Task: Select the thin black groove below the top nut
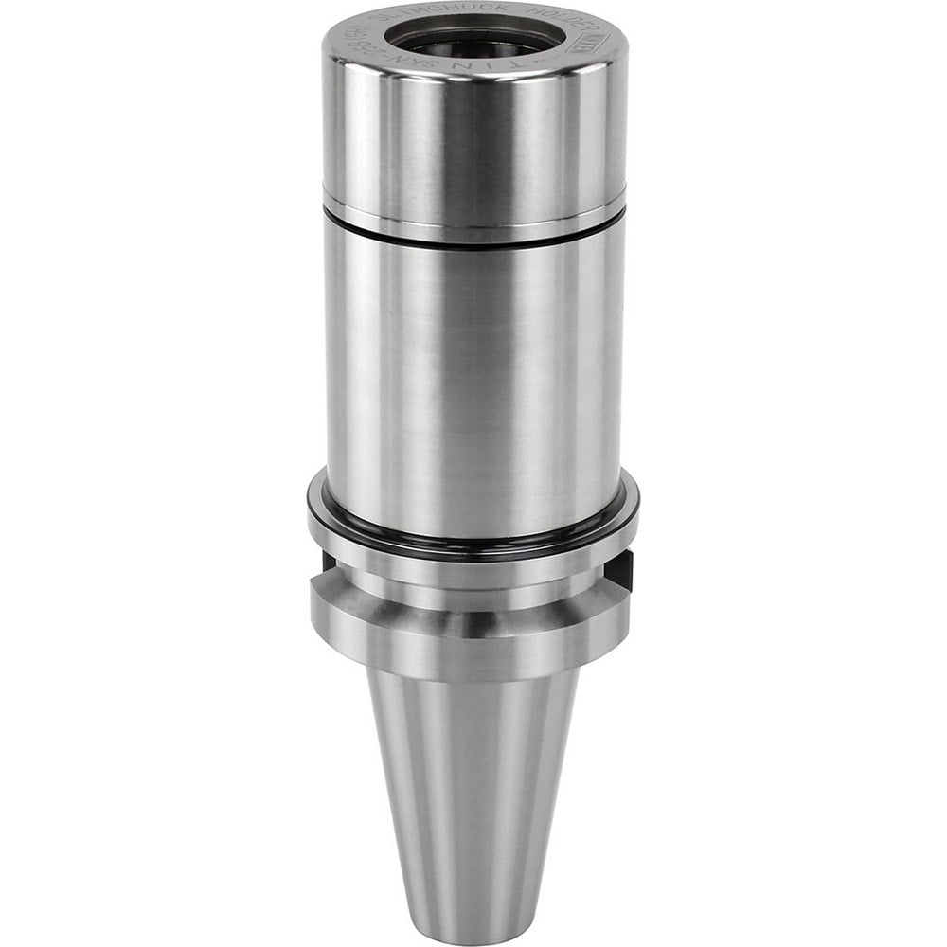tap(473, 238)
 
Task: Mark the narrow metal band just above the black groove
tap(473, 221)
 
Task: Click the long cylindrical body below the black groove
tap(473, 379)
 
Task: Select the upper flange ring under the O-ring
tap(473, 559)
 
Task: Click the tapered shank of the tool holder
tap(473, 777)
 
